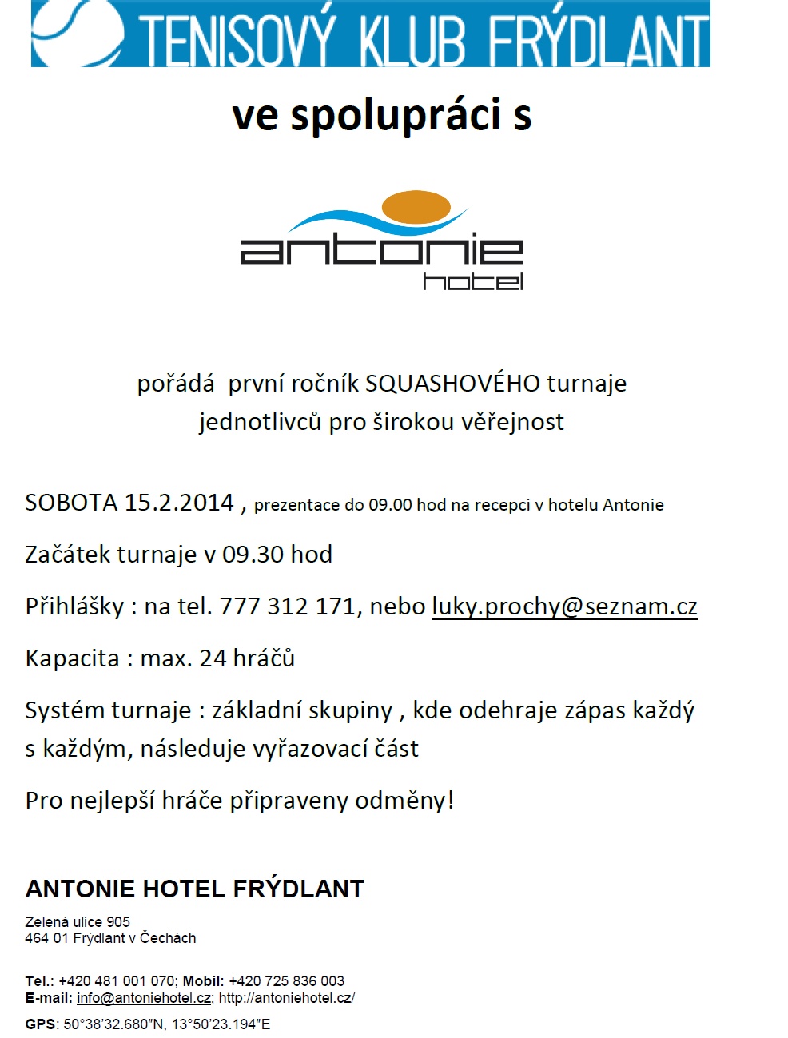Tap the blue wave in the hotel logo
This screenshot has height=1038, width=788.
[x=336, y=219]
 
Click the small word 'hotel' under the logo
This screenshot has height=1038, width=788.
[x=472, y=281]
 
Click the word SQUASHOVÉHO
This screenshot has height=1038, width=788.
[x=452, y=384]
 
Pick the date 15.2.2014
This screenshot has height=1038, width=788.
[x=179, y=503]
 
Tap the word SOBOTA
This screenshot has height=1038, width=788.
[x=71, y=503]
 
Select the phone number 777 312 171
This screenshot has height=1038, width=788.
[x=287, y=606]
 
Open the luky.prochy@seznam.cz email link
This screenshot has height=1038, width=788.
[x=564, y=606]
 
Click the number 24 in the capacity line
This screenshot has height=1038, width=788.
[x=213, y=658]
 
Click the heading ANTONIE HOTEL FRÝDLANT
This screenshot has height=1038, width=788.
[x=194, y=889]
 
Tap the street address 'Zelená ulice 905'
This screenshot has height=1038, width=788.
[x=78, y=921]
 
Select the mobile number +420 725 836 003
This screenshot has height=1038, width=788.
[x=286, y=980]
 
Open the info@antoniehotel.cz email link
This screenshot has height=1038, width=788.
[x=144, y=998]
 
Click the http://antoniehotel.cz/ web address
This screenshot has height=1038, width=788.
[x=286, y=998]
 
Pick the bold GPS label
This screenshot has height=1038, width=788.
[x=40, y=1024]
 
